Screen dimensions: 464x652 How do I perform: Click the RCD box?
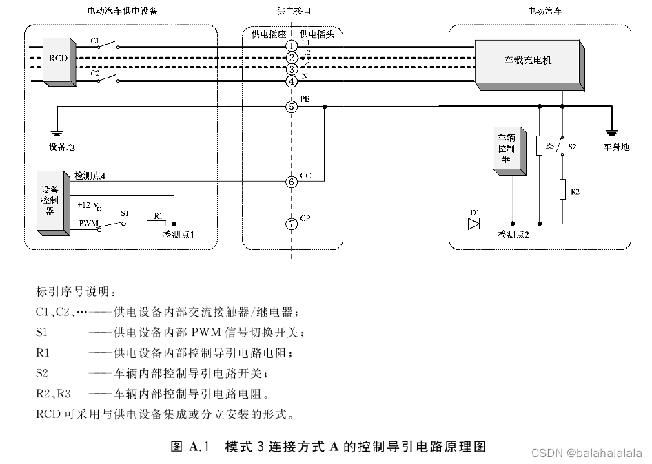pyautogui.click(x=58, y=60)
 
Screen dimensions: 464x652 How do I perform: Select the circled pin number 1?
pyautogui.click(x=292, y=45)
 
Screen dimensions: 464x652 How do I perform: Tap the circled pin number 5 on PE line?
pyautogui.click(x=292, y=107)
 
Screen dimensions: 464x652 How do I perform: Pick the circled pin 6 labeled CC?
pyautogui.click(x=292, y=182)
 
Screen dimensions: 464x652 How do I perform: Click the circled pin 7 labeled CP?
pyautogui.click(x=292, y=224)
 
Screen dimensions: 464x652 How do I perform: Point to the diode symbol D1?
pyautogui.click(x=473, y=224)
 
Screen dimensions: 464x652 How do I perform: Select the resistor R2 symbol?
pyautogui.click(x=562, y=189)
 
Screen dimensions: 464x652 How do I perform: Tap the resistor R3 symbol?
pyautogui.click(x=539, y=146)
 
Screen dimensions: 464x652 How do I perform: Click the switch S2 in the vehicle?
pyautogui.click(x=562, y=145)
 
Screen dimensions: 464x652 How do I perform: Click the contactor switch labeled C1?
pyautogui.click(x=106, y=46)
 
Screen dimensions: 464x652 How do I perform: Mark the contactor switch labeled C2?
pyautogui.click(x=106, y=80)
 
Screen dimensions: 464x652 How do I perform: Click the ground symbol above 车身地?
pyautogui.click(x=611, y=133)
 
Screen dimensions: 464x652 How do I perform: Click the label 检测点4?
pyautogui.click(x=90, y=176)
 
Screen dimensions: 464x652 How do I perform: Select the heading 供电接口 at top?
pyautogui.click(x=292, y=12)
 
